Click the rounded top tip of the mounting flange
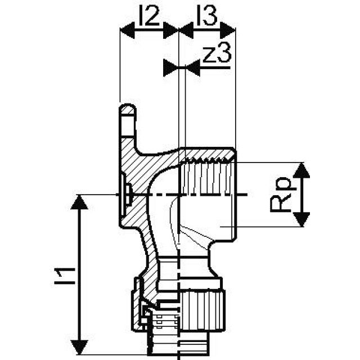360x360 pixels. [128, 108]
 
